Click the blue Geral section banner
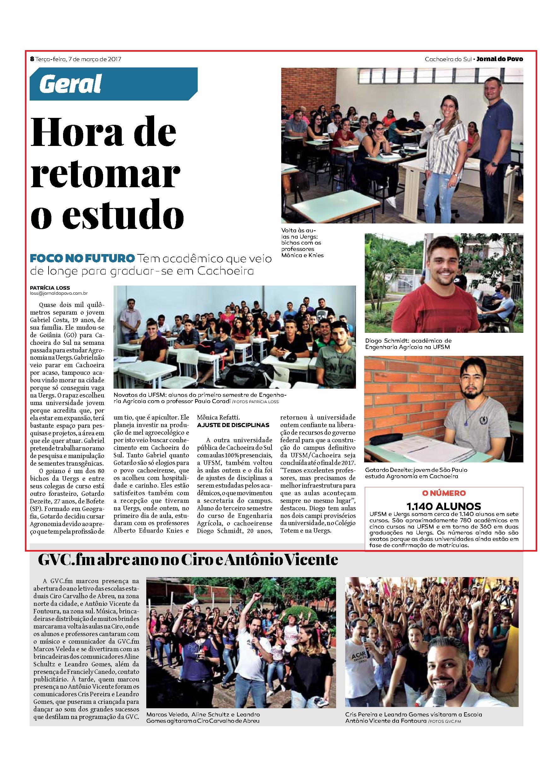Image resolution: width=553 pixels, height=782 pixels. point(113,84)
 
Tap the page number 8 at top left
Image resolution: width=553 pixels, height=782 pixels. point(32,59)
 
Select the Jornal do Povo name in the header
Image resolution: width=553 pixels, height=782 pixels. point(500,59)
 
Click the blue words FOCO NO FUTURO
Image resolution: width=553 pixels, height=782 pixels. point(82,258)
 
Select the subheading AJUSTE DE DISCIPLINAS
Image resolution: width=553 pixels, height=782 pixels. point(233,425)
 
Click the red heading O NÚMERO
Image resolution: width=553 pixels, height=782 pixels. point(444,493)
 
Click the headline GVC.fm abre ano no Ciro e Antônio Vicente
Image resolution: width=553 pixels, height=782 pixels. point(188,559)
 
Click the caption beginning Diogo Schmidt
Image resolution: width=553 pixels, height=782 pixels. point(408,344)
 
